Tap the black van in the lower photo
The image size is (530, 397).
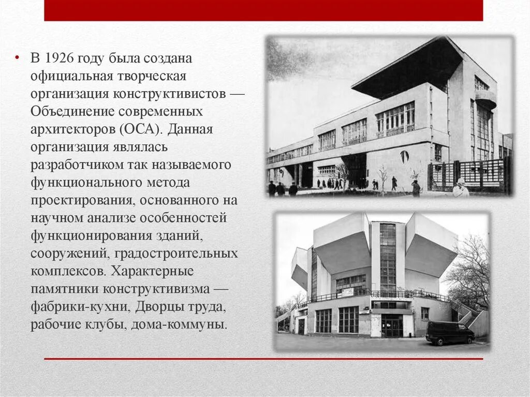449,333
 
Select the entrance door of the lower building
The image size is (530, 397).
392,326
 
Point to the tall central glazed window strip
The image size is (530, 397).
387,256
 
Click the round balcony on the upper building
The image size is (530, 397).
485,98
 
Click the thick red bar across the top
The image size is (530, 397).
263,10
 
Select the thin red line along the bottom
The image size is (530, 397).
263,358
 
